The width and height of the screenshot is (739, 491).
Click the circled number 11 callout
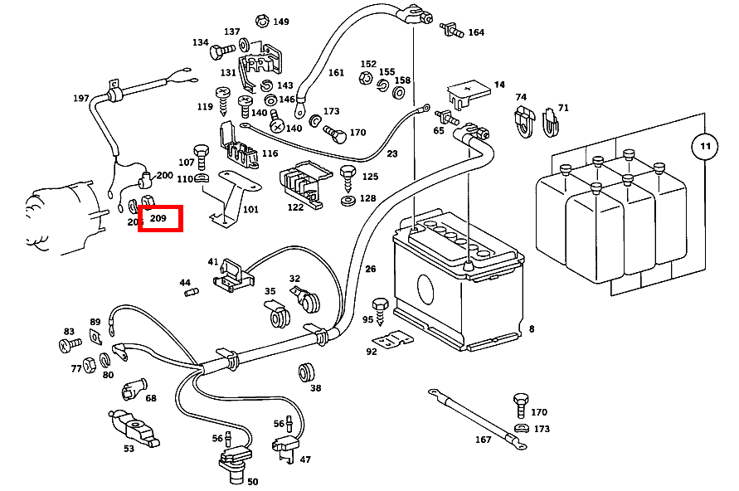(704, 146)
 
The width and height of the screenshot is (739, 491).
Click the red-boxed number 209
(159, 220)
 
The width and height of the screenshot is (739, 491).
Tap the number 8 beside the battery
(532, 329)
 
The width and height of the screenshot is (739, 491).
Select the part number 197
(80, 98)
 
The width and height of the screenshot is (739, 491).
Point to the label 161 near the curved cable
(336, 73)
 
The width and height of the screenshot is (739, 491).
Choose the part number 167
(484, 440)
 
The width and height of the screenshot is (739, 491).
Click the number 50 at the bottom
(252, 481)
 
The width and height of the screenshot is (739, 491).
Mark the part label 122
(295, 207)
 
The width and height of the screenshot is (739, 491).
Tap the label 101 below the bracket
(250, 210)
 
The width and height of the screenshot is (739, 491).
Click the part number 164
(476, 32)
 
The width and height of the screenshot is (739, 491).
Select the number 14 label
(499, 85)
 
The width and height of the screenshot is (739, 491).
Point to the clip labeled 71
(550, 124)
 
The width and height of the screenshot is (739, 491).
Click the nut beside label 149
(262, 20)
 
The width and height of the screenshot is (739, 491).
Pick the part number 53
(129, 449)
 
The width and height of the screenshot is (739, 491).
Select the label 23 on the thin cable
(392, 154)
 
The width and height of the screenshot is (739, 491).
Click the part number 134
(201, 42)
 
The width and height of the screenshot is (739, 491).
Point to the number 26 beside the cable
(370, 269)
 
